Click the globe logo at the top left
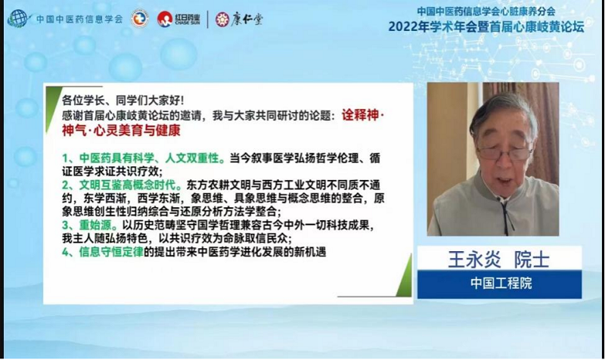coord(17,18)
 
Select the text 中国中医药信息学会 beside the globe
coord(79,19)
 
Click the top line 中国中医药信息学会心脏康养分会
coord(486,11)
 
